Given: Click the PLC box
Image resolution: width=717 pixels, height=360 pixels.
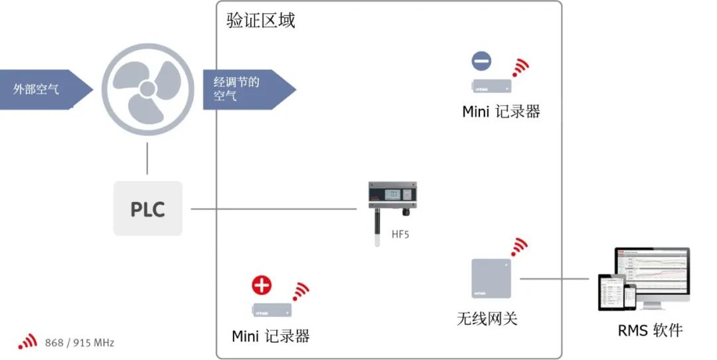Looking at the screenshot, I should pyautogui.click(x=147, y=209).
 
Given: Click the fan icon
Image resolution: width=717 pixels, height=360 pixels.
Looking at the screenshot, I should pyautogui.click(x=147, y=88).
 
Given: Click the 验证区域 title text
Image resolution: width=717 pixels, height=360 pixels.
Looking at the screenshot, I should pyautogui.click(x=261, y=21).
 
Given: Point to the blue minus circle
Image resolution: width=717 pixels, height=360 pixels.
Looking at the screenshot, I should pyautogui.click(x=481, y=61).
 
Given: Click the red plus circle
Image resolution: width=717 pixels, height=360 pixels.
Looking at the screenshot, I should pyautogui.click(x=262, y=285).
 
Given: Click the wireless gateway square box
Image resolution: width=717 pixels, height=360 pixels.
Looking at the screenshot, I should pyautogui.click(x=491, y=278).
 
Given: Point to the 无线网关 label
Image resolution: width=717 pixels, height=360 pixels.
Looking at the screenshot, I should pyautogui.click(x=487, y=318).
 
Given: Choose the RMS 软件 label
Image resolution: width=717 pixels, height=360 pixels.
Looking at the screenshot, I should pyautogui.click(x=650, y=330).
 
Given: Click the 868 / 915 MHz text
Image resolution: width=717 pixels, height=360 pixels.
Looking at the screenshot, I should pyautogui.click(x=80, y=343).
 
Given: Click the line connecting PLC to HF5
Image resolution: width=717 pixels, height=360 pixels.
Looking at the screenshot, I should pyautogui.click(x=272, y=209).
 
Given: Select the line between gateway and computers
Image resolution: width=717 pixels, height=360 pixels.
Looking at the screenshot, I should pyautogui.click(x=554, y=279).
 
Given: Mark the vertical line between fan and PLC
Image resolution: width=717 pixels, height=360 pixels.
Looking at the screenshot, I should pyautogui.click(x=147, y=159).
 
